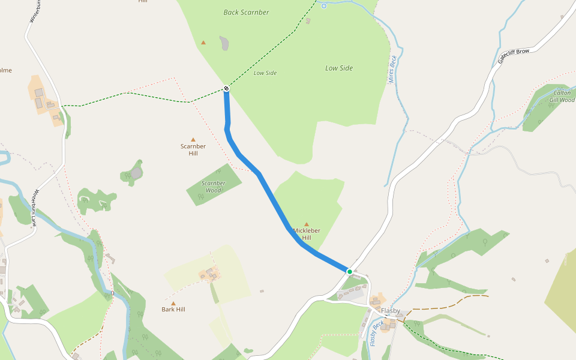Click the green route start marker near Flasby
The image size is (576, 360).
point(350,272)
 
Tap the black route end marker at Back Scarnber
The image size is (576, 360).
point(226,89)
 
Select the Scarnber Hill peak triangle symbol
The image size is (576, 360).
point(193,140)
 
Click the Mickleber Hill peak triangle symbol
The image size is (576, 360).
point(307,224)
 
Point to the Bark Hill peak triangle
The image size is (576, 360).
point(173,304)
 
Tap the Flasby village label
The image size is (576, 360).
point(391,311)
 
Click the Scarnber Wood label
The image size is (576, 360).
point(214,187)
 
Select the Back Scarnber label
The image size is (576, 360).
point(246,12)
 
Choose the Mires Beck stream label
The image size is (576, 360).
point(393,69)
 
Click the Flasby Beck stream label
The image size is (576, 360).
point(376,334)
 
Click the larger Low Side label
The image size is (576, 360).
point(339,68)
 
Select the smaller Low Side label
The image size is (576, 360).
point(265,73)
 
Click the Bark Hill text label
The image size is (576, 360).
point(173,310)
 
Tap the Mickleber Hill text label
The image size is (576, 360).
point(307,234)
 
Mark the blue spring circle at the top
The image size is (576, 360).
point(324,6)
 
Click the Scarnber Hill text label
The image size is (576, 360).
point(193,149)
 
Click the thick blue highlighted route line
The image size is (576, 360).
point(270,192)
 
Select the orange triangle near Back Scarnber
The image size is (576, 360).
point(203,43)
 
